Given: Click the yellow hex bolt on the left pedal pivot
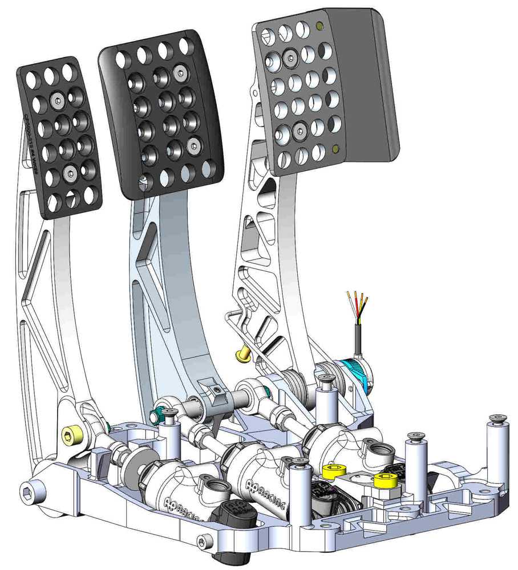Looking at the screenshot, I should point(71,437).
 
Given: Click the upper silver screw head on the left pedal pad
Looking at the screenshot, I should point(58,100).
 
